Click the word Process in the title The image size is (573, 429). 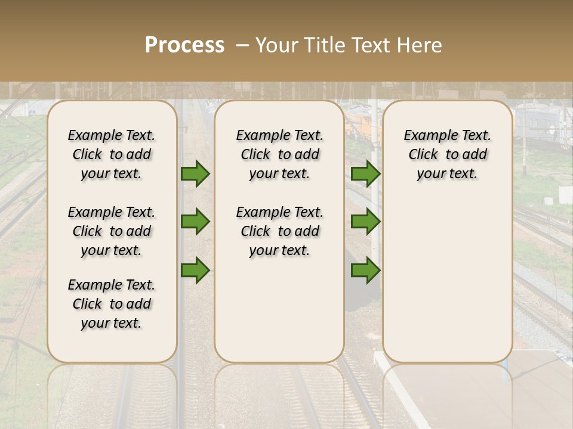click(184, 45)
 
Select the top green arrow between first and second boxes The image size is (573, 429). click(195, 173)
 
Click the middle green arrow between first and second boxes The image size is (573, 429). click(195, 222)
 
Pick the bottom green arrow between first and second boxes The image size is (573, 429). click(195, 270)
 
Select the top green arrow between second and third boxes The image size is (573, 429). click(366, 173)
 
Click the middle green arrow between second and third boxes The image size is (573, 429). click(366, 222)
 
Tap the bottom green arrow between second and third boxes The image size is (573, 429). click(366, 270)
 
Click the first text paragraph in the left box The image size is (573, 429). click(112, 154)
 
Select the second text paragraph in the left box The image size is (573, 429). click(112, 231)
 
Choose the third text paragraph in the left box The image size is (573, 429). click(112, 304)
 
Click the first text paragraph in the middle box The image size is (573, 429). click(279, 154)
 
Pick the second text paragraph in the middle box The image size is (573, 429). click(279, 231)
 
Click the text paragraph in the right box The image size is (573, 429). click(447, 154)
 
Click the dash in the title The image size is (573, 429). click(242, 45)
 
